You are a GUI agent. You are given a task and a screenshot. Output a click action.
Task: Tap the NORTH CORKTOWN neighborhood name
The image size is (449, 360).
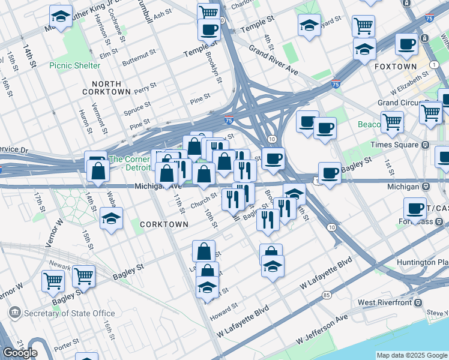(110, 88)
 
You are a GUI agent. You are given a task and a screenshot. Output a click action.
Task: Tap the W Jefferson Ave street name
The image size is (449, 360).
(322, 329)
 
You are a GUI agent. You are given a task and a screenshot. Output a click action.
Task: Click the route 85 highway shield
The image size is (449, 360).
(326, 295)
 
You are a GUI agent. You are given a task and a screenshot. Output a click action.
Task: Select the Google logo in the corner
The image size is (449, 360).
(20, 353)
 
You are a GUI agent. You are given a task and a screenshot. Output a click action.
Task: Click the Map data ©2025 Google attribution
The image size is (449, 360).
(411, 355)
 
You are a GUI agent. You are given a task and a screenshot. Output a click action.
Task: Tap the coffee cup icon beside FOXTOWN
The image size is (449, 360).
(406, 44)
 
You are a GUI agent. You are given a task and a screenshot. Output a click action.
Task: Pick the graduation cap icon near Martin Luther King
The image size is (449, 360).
(60, 16)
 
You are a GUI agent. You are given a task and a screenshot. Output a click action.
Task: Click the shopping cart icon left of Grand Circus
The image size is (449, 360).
(392, 122)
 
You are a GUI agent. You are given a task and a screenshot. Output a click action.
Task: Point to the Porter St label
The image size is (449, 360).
(64, 347)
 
